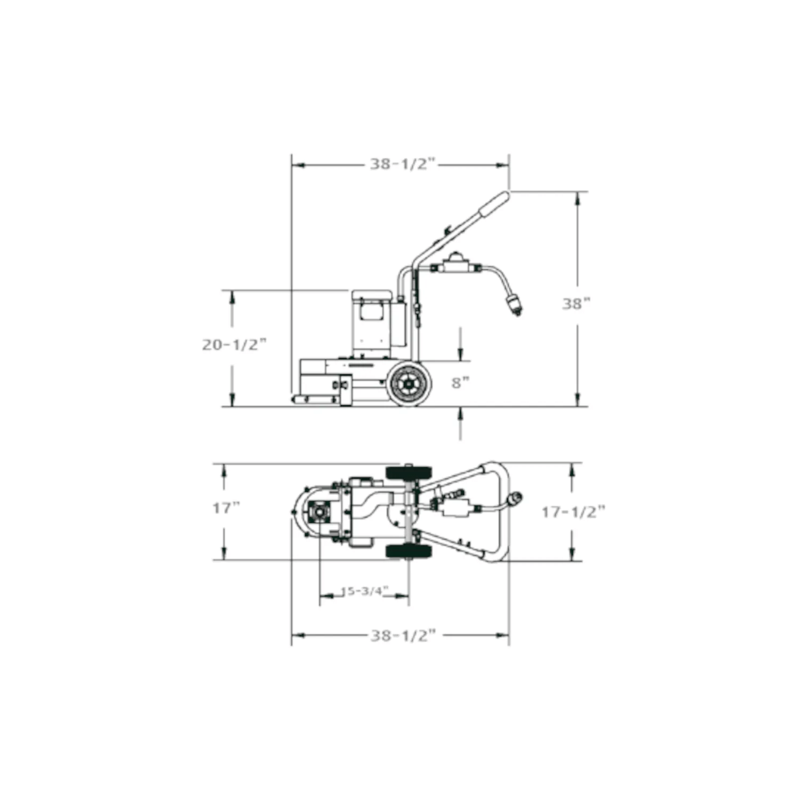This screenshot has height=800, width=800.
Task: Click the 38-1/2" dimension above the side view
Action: [403, 164]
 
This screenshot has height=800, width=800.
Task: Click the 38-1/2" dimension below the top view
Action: [403, 635]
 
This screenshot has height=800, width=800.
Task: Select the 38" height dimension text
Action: [576, 304]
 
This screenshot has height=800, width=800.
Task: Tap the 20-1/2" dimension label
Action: [234, 345]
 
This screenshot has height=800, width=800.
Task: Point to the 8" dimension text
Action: [460, 382]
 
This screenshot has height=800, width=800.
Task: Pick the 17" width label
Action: [226, 508]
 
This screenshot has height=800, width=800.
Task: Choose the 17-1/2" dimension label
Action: [573, 512]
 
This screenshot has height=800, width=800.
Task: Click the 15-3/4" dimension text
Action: [364, 591]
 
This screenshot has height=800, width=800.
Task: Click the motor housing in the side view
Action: [373, 320]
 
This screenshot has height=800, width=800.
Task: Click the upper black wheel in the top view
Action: [409, 473]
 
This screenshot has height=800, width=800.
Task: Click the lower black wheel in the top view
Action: [409, 551]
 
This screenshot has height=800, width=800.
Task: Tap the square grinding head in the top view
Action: [320, 513]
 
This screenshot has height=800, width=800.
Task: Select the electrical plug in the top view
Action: [516, 499]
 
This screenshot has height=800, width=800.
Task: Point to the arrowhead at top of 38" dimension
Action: [578, 198]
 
